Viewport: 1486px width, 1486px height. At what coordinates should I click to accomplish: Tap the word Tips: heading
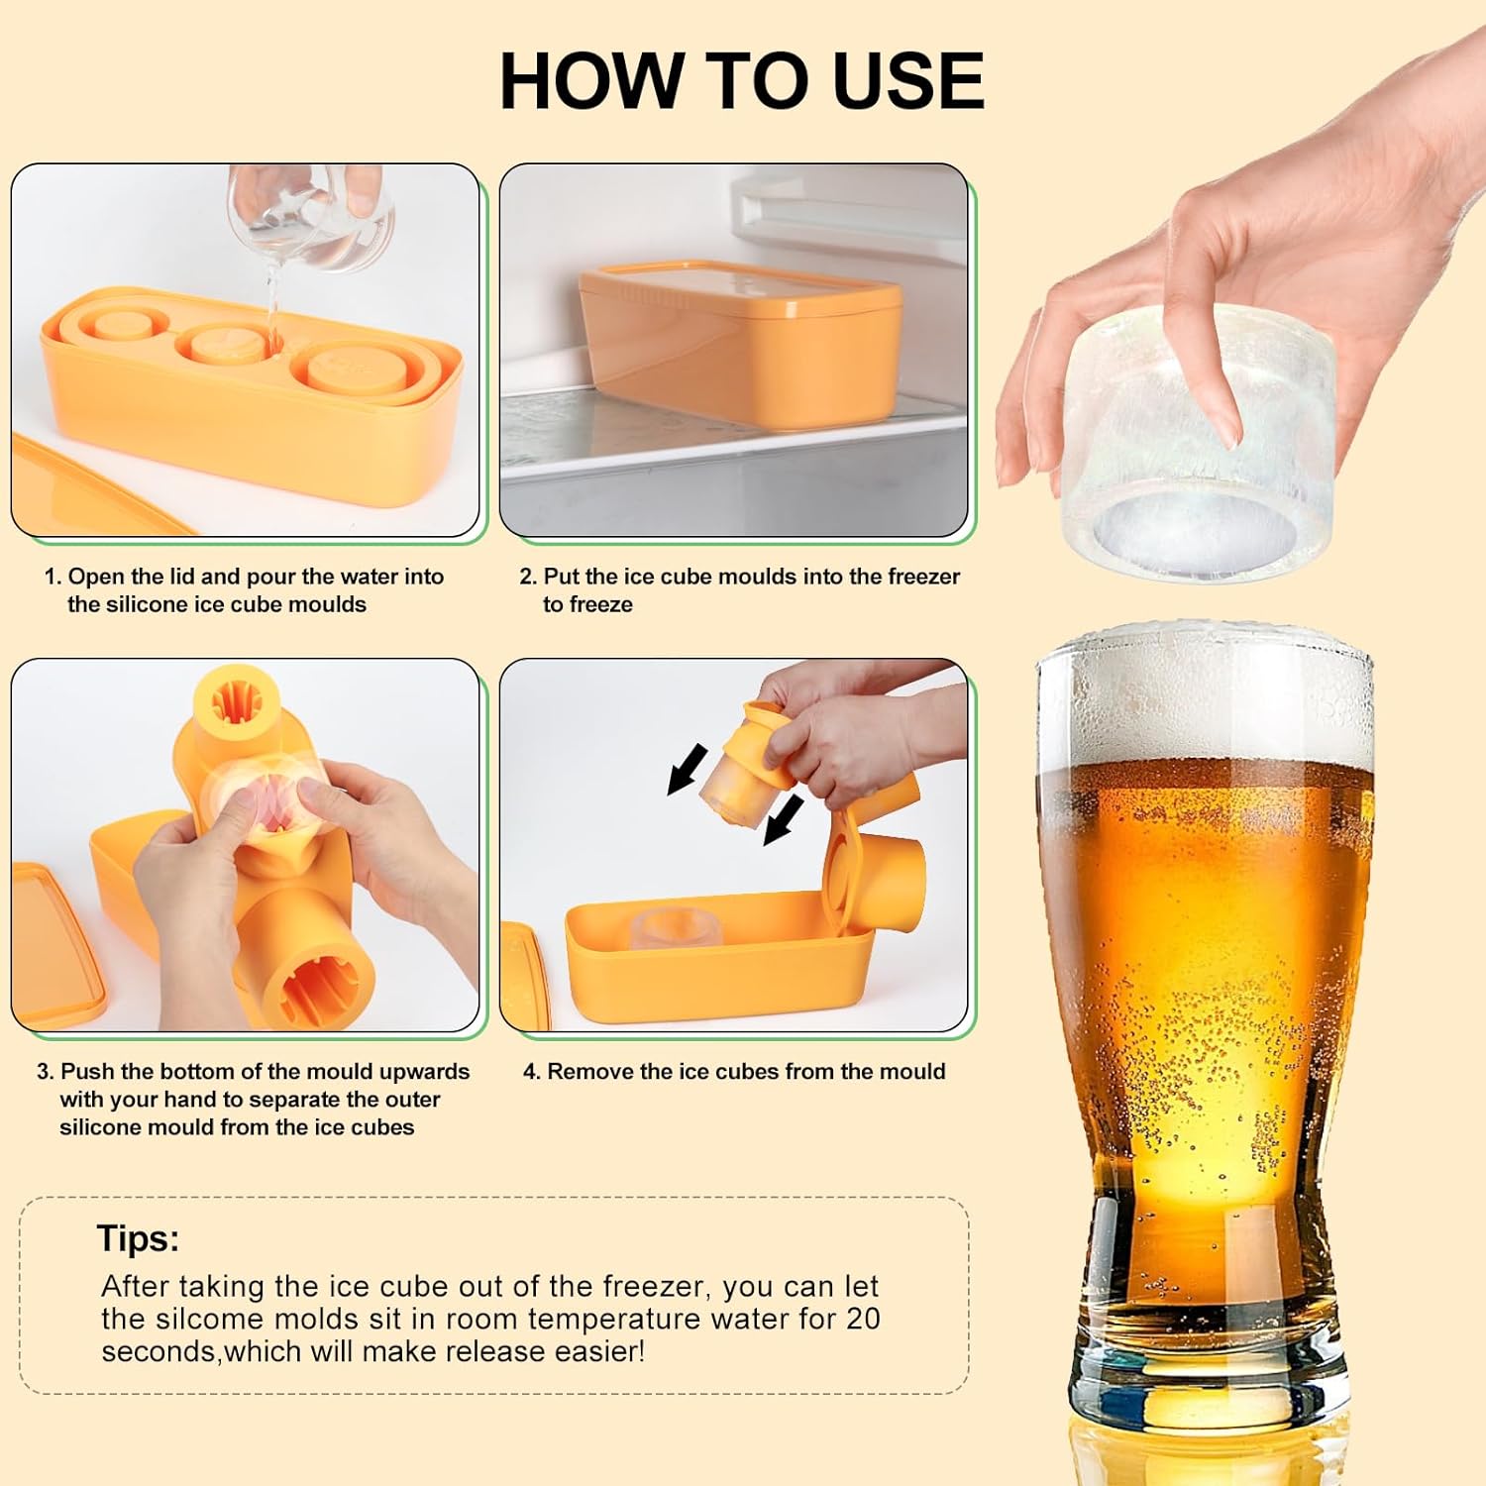138,1238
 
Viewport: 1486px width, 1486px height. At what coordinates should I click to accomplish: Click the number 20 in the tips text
863,1319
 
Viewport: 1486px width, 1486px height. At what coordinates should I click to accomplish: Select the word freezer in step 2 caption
923,577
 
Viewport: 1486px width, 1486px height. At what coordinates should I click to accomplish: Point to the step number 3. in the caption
46,1071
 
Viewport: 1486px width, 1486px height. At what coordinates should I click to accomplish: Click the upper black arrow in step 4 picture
688,768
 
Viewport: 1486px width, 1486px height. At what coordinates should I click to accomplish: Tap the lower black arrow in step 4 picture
783,820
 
